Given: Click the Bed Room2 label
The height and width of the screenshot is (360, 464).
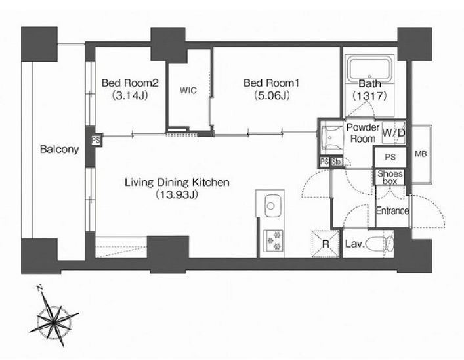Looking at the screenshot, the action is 130,83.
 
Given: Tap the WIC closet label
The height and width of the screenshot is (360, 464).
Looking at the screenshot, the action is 188,90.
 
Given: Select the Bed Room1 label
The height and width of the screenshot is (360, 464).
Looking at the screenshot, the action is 271,83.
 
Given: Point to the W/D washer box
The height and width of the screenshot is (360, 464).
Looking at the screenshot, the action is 393,133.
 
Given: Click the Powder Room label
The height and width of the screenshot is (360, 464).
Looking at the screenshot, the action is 363,133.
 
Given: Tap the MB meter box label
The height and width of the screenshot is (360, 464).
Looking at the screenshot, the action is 421,154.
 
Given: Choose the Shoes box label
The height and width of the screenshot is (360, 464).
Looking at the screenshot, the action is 390,177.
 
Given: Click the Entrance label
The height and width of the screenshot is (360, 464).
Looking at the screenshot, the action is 392,211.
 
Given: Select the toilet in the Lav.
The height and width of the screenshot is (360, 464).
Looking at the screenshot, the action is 380,244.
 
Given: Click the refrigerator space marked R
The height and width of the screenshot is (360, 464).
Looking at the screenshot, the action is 326,244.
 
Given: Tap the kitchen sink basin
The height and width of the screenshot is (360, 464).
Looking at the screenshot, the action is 272,206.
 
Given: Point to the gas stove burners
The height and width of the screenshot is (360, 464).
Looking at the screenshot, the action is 273,240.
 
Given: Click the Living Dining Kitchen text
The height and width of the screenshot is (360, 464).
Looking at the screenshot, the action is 177,182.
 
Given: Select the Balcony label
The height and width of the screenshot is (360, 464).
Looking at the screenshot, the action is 60,149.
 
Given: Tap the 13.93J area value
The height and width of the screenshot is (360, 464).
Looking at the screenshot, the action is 177,194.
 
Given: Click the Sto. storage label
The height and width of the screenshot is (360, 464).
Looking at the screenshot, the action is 337,162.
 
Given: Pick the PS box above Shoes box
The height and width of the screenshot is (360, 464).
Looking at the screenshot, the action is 390,157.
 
